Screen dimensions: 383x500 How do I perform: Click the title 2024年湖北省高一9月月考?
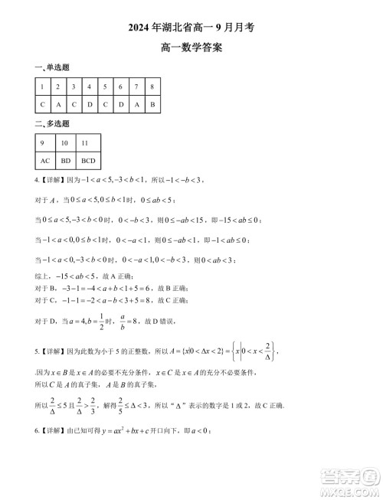[x=191, y=26]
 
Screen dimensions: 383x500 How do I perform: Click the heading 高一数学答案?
[x=191, y=47]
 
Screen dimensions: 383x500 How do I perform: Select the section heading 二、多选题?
[x=51, y=123]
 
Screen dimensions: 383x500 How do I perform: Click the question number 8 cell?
[x=152, y=87]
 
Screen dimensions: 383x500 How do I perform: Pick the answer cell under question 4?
[x=90, y=103]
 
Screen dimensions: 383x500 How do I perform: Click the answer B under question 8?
[x=152, y=103]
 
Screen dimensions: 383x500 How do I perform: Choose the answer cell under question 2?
[x=58, y=103]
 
